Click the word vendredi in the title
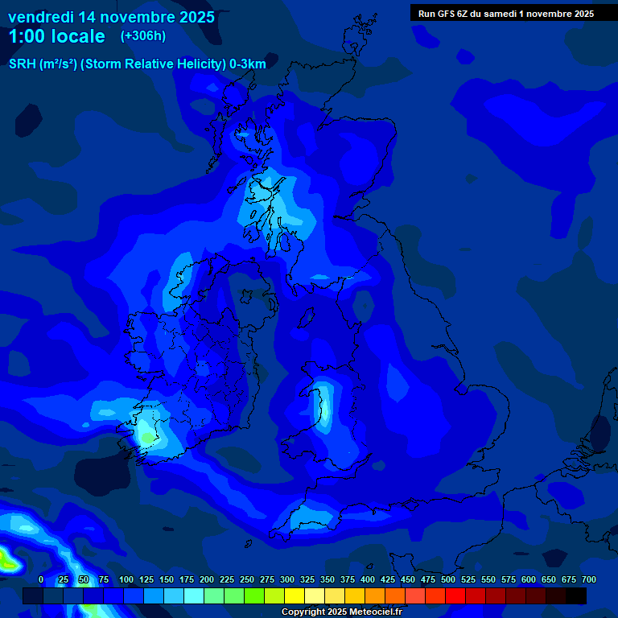(x=40, y=17)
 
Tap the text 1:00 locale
(x=56, y=36)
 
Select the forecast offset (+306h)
(x=142, y=36)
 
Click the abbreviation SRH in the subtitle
(x=23, y=64)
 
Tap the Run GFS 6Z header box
(x=505, y=13)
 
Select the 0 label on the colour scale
(x=41, y=580)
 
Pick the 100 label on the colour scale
(x=126, y=580)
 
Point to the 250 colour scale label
(x=246, y=580)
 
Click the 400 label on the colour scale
(x=367, y=580)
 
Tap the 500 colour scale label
(x=447, y=580)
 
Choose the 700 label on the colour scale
(x=588, y=580)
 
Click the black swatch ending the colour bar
(x=575, y=595)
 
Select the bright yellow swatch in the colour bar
(x=294, y=595)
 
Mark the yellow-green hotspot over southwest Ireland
(x=147, y=435)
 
